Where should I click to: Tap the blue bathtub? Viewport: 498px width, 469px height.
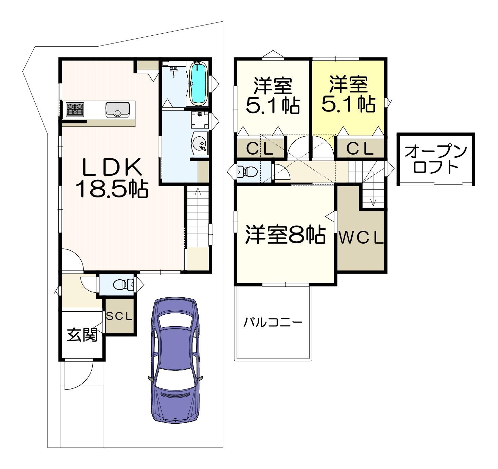198,83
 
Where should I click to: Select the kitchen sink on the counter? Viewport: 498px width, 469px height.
117,109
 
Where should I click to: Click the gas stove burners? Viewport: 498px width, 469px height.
75,110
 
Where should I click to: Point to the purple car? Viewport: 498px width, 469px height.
175,361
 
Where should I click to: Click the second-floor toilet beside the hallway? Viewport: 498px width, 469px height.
247,172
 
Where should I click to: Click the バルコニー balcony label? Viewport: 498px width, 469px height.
273,322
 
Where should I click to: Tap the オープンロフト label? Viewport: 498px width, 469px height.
436,159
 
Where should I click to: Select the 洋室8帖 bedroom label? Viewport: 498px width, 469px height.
285,235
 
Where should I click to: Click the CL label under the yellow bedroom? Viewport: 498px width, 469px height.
360,149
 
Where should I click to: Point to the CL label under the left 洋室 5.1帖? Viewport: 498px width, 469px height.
260,149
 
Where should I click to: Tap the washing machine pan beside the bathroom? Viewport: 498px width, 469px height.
200,120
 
